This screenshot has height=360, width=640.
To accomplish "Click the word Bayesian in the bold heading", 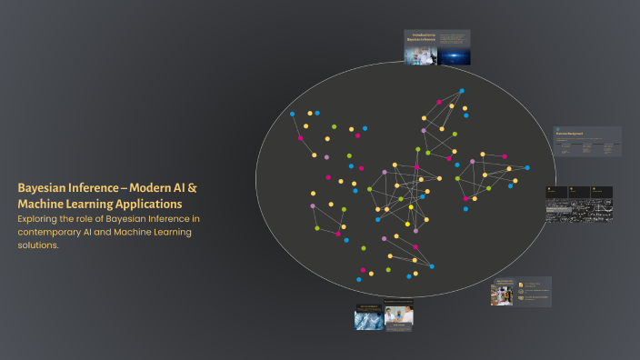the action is click(43, 187).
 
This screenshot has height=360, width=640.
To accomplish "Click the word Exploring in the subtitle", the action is click(41, 219).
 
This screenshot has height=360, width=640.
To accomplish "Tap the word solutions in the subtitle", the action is click(38, 245).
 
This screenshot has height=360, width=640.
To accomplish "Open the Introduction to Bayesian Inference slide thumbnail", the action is click(437, 47).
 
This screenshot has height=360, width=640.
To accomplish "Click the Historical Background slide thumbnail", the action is click(587, 141).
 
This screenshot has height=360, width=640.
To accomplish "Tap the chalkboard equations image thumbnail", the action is click(578, 206).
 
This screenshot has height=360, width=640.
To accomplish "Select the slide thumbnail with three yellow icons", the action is click(522, 292).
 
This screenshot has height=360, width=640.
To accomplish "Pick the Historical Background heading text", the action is click(569, 134).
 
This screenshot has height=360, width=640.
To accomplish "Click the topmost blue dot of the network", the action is click(461, 91).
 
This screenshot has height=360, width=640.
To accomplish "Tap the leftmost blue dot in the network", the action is click(292, 115).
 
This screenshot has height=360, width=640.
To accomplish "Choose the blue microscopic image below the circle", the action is click(367, 318).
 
